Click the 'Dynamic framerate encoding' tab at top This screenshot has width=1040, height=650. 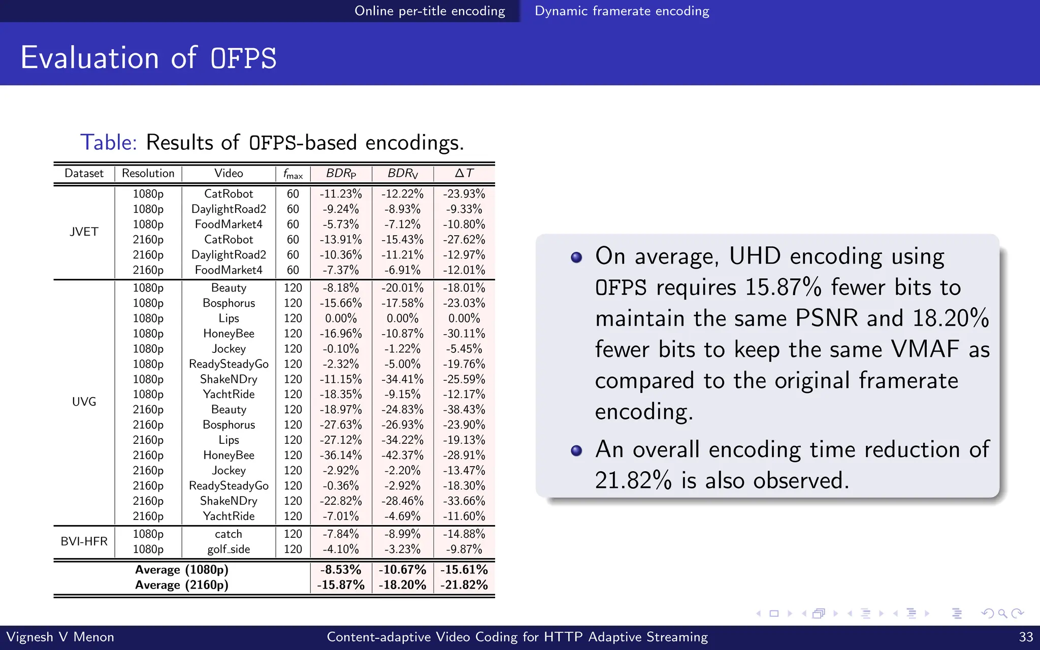tap(622, 11)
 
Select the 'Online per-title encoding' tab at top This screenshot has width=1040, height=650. tap(430, 11)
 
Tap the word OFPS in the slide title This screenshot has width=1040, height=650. tap(243, 58)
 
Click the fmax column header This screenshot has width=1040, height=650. tap(293, 174)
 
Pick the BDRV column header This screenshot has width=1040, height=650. tap(403, 174)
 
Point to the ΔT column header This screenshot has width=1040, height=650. tap(464, 174)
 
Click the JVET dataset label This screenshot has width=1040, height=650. tap(84, 232)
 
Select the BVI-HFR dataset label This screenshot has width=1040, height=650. tap(84, 541)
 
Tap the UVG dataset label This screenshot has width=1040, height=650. tap(84, 402)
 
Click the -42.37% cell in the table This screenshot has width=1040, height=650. tap(403, 456)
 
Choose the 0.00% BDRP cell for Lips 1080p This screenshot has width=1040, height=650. tap(341, 318)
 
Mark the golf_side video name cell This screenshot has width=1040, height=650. tap(229, 549)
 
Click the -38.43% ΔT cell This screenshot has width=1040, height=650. tap(464, 410)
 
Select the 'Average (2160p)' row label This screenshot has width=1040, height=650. tap(182, 585)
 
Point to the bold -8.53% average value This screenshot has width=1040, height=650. tap(341, 570)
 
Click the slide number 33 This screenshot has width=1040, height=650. tap(1026, 637)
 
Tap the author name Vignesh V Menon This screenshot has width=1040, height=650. tap(60, 637)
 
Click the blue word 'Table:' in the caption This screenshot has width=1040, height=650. tap(109, 143)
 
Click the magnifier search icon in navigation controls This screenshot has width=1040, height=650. tap(1002, 613)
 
